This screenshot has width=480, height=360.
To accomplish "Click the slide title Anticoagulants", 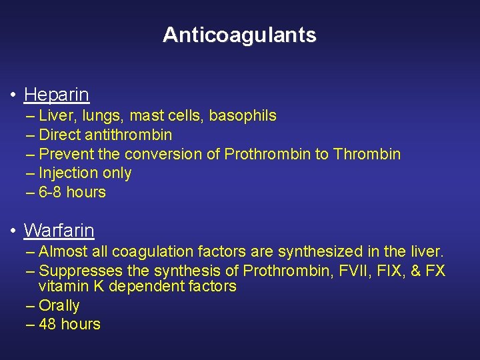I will tap(239, 35).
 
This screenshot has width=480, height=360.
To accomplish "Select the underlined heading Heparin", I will tap(56, 95).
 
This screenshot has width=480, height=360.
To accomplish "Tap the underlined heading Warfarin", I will tap(59, 231).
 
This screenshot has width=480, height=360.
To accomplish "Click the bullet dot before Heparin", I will tap(13, 95).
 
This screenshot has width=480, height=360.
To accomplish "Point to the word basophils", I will tap(243, 116).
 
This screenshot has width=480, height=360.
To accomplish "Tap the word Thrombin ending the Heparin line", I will tap(367, 155).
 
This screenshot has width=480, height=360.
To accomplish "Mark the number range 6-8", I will tap(52, 193).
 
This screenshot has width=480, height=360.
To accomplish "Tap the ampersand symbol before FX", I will tap(419, 271).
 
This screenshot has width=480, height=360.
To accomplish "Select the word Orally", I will tap(59, 306).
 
